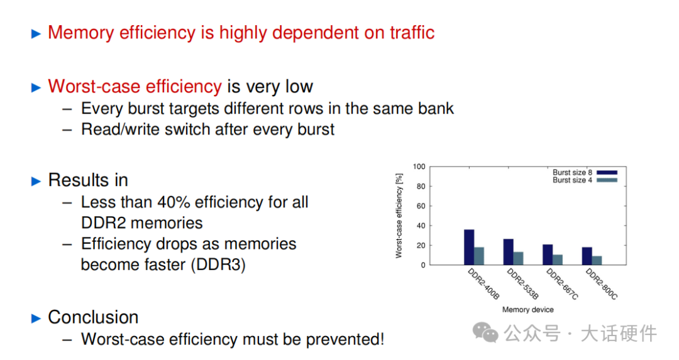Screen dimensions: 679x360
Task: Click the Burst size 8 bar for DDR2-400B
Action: point(469,247)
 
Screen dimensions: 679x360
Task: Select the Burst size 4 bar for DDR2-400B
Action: point(479,256)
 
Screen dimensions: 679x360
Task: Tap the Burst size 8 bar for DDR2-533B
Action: point(509,252)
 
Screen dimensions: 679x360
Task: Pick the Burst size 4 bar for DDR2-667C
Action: point(558,259)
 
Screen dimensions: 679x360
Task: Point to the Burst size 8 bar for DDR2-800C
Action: point(587,256)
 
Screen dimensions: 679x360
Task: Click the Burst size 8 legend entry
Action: point(585,173)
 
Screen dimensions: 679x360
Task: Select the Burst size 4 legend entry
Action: point(585,180)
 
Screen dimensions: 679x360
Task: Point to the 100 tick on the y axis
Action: point(419,166)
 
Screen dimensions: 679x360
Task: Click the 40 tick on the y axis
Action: point(421,226)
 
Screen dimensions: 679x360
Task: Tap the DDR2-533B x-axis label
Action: point(522,284)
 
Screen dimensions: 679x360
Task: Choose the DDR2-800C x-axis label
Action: point(602,284)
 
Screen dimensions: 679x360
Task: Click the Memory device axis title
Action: point(528,310)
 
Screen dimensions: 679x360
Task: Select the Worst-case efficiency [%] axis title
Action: point(399,216)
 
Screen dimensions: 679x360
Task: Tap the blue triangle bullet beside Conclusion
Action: point(36,319)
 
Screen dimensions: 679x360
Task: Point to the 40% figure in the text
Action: point(174,202)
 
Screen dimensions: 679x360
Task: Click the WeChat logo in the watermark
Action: point(485,332)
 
